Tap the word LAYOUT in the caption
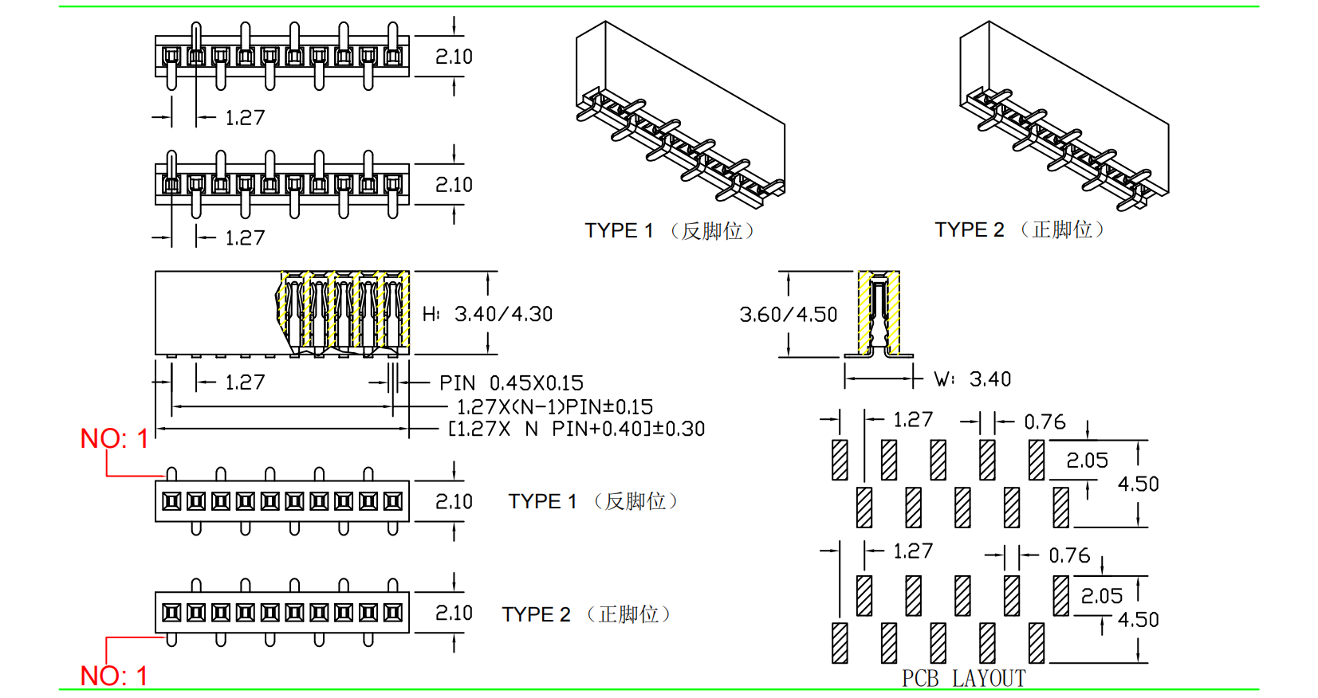click(x=989, y=678)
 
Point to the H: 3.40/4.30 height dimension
click(x=487, y=314)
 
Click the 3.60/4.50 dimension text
click(x=788, y=315)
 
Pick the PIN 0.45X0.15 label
click(x=511, y=383)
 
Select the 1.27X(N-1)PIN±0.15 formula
click(x=554, y=407)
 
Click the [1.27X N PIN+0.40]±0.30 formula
click(x=576, y=429)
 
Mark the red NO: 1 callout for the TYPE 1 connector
click(x=114, y=438)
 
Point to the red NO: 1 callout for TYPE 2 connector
click(x=114, y=676)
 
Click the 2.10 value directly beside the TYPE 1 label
click(x=454, y=502)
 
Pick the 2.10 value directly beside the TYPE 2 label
click(x=454, y=613)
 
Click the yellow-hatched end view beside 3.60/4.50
click(x=879, y=314)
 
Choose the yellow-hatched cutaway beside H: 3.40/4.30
click(x=344, y=312)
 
